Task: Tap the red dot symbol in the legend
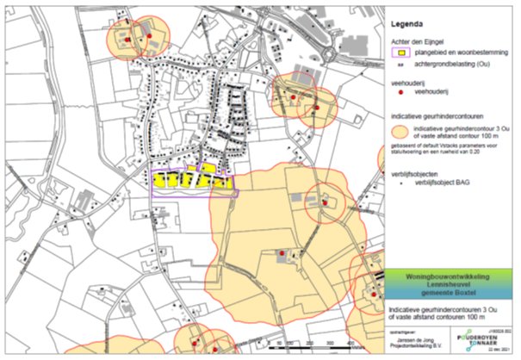pos(400,90)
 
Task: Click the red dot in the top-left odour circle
pos(127,40)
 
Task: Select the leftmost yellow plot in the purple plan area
pos(161,182)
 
